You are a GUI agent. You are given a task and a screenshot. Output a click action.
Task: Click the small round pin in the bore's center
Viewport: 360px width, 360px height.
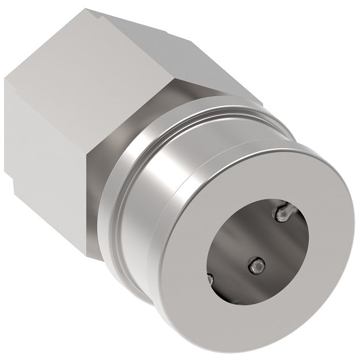coord(256,265)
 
